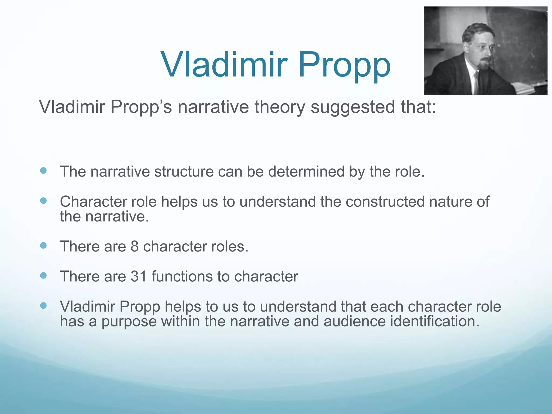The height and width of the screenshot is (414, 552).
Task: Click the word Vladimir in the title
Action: (x=223, y=65)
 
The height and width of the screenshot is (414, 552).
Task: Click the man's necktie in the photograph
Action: (x=477, y=81)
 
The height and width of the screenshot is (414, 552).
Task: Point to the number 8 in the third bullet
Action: (x=134, y=246)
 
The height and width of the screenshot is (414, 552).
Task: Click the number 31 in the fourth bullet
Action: (x=139, y=277)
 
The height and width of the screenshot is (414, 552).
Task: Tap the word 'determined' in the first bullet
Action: (x=306, y=172)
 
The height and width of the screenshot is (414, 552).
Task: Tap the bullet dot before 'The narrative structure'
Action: (x=43, y=171)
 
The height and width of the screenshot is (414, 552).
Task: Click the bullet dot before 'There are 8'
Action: (x=43, y=245)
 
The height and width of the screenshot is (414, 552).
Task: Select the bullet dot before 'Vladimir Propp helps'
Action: (x=43, y=305)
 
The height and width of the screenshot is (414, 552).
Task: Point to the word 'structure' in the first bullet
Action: (x=184, y=172)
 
